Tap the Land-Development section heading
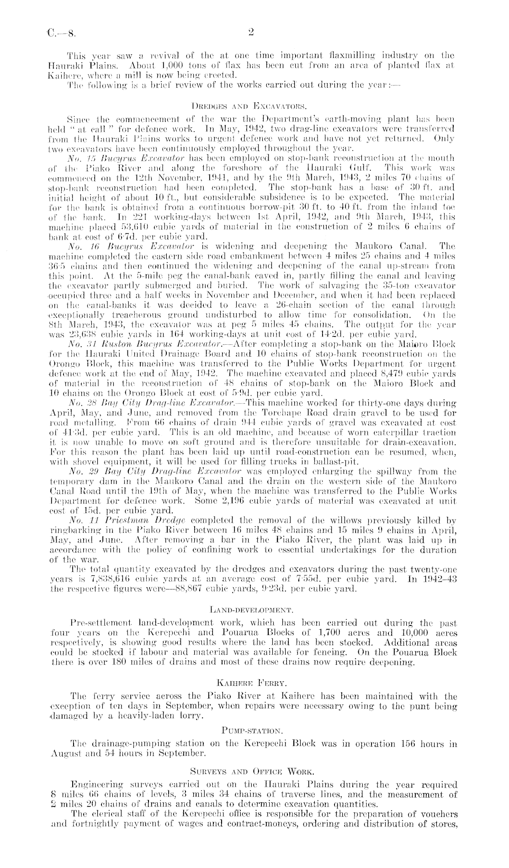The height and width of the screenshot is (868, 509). click(254, 609)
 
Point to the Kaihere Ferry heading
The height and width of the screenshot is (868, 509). click(254, 684)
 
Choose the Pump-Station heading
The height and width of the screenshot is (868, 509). click(254, 735)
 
